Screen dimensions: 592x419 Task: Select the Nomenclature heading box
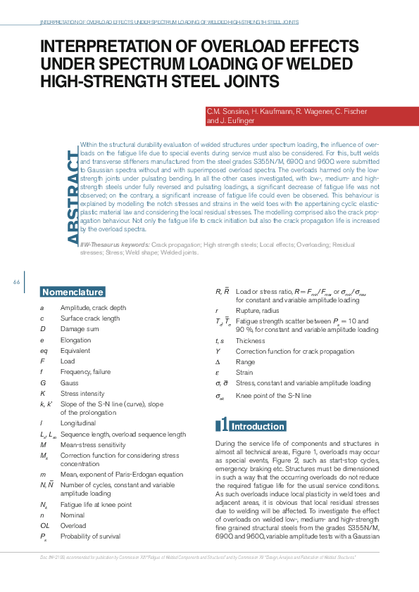(73, 292)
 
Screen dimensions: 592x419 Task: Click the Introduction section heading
(258, 426)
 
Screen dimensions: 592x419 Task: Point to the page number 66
(16, 283)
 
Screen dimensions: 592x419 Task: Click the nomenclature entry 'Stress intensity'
(80, 394)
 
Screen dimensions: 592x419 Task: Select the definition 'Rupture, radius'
(257, 309)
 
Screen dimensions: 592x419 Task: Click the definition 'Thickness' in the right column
(250, 340)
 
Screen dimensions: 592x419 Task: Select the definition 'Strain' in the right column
(244, 373)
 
